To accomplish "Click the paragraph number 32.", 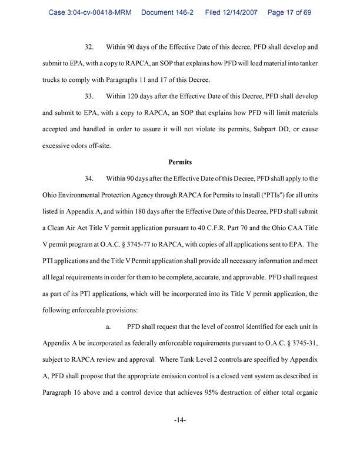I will coord(90,45).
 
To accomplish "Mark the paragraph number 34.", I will coord(90,178).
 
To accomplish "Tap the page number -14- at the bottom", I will coord(180,421).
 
